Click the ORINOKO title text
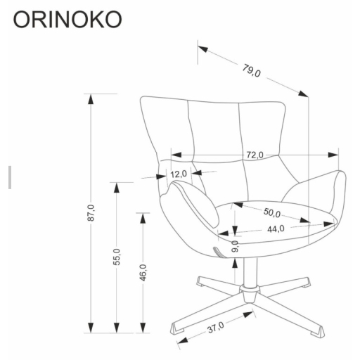(67, 19)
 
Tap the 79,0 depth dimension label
(252, 70)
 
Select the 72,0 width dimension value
(254, 155)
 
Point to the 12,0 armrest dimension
(179, 174)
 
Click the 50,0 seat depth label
(272, 213)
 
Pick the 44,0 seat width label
(275, 229)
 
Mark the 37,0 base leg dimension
(215, 326)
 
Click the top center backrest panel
(214, 127)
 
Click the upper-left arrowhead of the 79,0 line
(202, 50)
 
